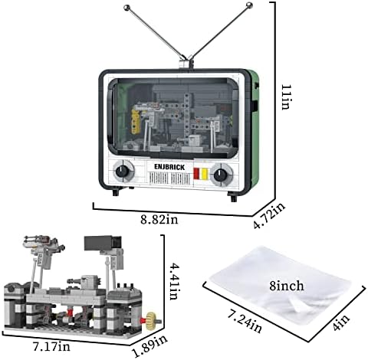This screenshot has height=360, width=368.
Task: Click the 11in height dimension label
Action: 286,97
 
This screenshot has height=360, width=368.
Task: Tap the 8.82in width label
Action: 159,220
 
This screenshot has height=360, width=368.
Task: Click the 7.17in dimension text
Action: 51,346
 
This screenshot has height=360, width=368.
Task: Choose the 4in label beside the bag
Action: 342,323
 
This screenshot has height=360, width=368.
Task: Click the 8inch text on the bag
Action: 287,286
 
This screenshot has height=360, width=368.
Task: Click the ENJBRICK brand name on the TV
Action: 169,167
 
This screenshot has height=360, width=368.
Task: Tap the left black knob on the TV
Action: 122,171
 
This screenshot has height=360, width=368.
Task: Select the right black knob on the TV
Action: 220,175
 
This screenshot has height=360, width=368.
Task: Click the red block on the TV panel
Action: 196,173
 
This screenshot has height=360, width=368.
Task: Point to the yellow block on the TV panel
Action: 204,174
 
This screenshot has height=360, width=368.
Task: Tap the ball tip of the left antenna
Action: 127,8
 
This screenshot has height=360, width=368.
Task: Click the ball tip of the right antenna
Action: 248,5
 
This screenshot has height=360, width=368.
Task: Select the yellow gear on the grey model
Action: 151,319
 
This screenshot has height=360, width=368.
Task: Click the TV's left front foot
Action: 116,191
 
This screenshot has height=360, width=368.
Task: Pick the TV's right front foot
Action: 233,197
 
